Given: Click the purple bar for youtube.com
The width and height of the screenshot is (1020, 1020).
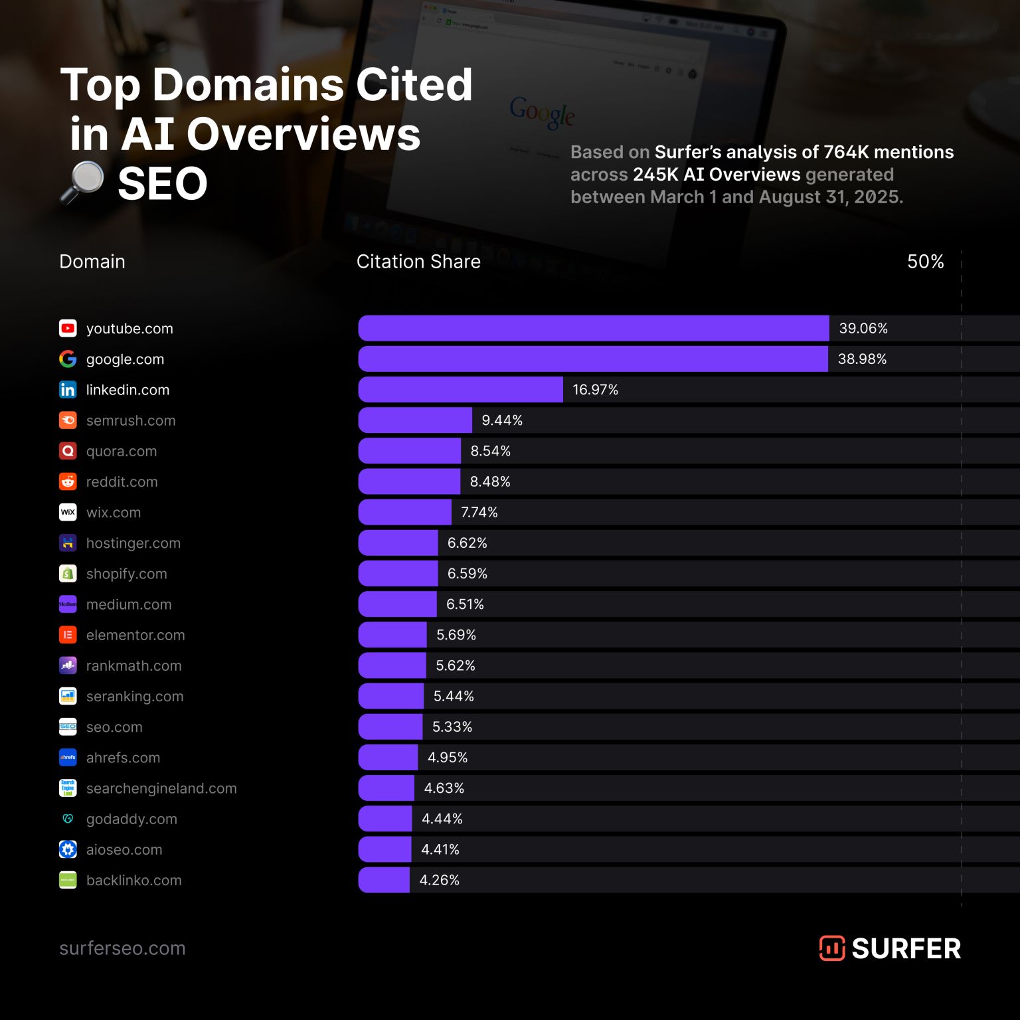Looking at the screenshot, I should [x=593, y=328].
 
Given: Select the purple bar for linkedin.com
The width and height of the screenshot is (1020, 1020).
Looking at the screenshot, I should [x=460, y=390].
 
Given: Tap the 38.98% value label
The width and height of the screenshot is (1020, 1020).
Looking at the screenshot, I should [x=862, y=359].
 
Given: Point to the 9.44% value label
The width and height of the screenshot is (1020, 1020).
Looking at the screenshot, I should [x=502, y=420].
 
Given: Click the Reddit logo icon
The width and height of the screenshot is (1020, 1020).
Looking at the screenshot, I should [x=68, y=482].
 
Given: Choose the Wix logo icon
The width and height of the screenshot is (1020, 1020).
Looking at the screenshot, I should [x=68, y=513].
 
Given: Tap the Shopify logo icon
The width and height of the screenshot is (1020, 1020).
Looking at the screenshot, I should [x=68, y=574].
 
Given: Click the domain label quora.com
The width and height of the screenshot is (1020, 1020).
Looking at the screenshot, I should [x=122, y=452].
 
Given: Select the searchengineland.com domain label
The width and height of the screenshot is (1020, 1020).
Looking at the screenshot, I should [x=161, y=789].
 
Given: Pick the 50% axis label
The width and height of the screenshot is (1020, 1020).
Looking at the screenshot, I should [x=925, y=262].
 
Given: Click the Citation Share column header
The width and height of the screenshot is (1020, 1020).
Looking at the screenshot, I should [x=418, y=262].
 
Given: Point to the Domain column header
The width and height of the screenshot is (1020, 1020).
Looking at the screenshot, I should [x=92, y=262].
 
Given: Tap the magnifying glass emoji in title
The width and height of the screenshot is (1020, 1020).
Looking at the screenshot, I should [x=82, y=183].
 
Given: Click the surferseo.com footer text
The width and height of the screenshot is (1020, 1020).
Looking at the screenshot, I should [x=122, y=948].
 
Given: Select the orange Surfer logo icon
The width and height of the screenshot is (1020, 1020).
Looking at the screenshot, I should [x=831, y=948].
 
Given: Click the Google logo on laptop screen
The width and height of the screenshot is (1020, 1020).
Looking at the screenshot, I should [x=542, y=113].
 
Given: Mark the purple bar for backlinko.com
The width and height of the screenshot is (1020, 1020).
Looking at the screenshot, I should [x=384, y=881].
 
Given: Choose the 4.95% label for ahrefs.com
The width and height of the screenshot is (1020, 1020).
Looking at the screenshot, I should [x=448, y=758].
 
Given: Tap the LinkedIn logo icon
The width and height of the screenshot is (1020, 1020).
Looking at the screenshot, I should [x=68, y=390].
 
